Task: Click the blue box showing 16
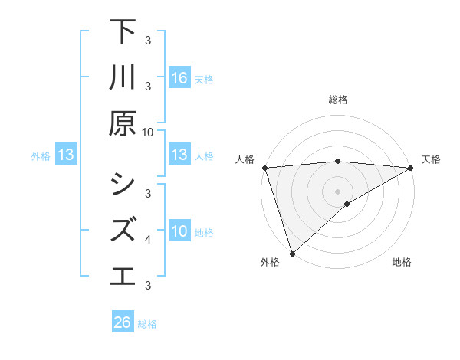coord(179,77)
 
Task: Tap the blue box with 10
coord(179,231)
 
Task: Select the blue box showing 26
coord(123,322)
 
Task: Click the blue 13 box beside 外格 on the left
coord(66,155)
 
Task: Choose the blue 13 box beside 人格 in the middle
coord(179,155)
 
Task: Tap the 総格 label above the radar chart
coord(337,100)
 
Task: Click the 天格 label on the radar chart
coord(431,159)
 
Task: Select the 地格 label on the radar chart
coord(402,262)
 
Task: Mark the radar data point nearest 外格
coord(292,253)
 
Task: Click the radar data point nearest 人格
coord(264,168)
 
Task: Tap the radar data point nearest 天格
coord(411,168)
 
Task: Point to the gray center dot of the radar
coord(337,191)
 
